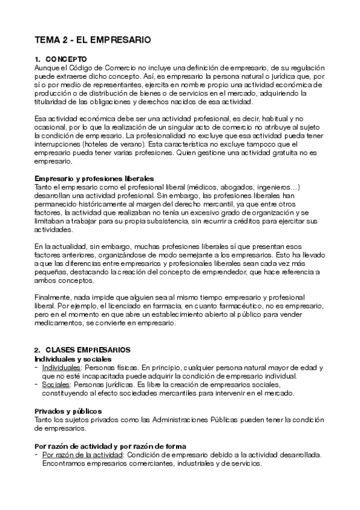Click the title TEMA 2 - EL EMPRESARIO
coord(92,40)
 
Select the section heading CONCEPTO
coord(66,60)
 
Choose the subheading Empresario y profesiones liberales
coord(94,179)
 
